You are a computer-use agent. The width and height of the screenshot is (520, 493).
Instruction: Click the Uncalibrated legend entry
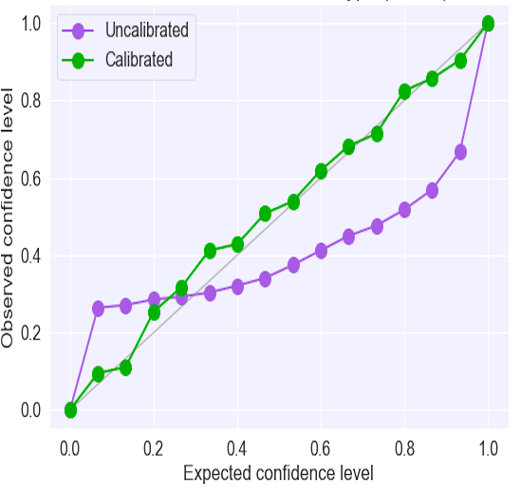click(x=147, y=29)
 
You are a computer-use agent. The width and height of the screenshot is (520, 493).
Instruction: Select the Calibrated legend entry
click(x=139, y=60)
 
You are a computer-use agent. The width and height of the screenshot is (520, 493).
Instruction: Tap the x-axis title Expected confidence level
click(x=278, y=472)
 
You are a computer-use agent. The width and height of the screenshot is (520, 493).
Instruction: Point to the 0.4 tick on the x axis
click(x=237, y=446)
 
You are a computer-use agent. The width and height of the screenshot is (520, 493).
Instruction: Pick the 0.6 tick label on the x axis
click(x=321, y=446)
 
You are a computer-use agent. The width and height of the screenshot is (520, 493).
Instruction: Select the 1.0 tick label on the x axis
click(x=488, y=446)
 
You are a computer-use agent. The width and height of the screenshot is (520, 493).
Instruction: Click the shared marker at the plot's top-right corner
click(x=488, y=23)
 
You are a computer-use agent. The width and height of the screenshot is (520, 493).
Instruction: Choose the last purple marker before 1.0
click(x=460, y=152)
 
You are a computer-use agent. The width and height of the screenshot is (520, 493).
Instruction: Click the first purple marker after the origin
click(x=98, y=309)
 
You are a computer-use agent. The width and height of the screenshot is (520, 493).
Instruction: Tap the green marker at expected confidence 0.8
click(x=404, y=91)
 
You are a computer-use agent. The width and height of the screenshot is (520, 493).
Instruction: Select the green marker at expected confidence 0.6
click(x=321, y=171)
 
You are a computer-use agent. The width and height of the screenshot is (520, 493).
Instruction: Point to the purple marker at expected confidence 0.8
click(x=404, y=210)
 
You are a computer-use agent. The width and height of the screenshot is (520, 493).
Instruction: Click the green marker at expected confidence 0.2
click(x=154, y=313)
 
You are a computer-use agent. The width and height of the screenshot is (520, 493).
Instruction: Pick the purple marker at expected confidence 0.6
click(x=321, y=251)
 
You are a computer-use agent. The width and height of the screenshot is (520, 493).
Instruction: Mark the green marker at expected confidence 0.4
click(x=237, y=244)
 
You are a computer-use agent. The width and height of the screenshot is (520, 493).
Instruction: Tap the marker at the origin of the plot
click(x=70, y=410)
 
